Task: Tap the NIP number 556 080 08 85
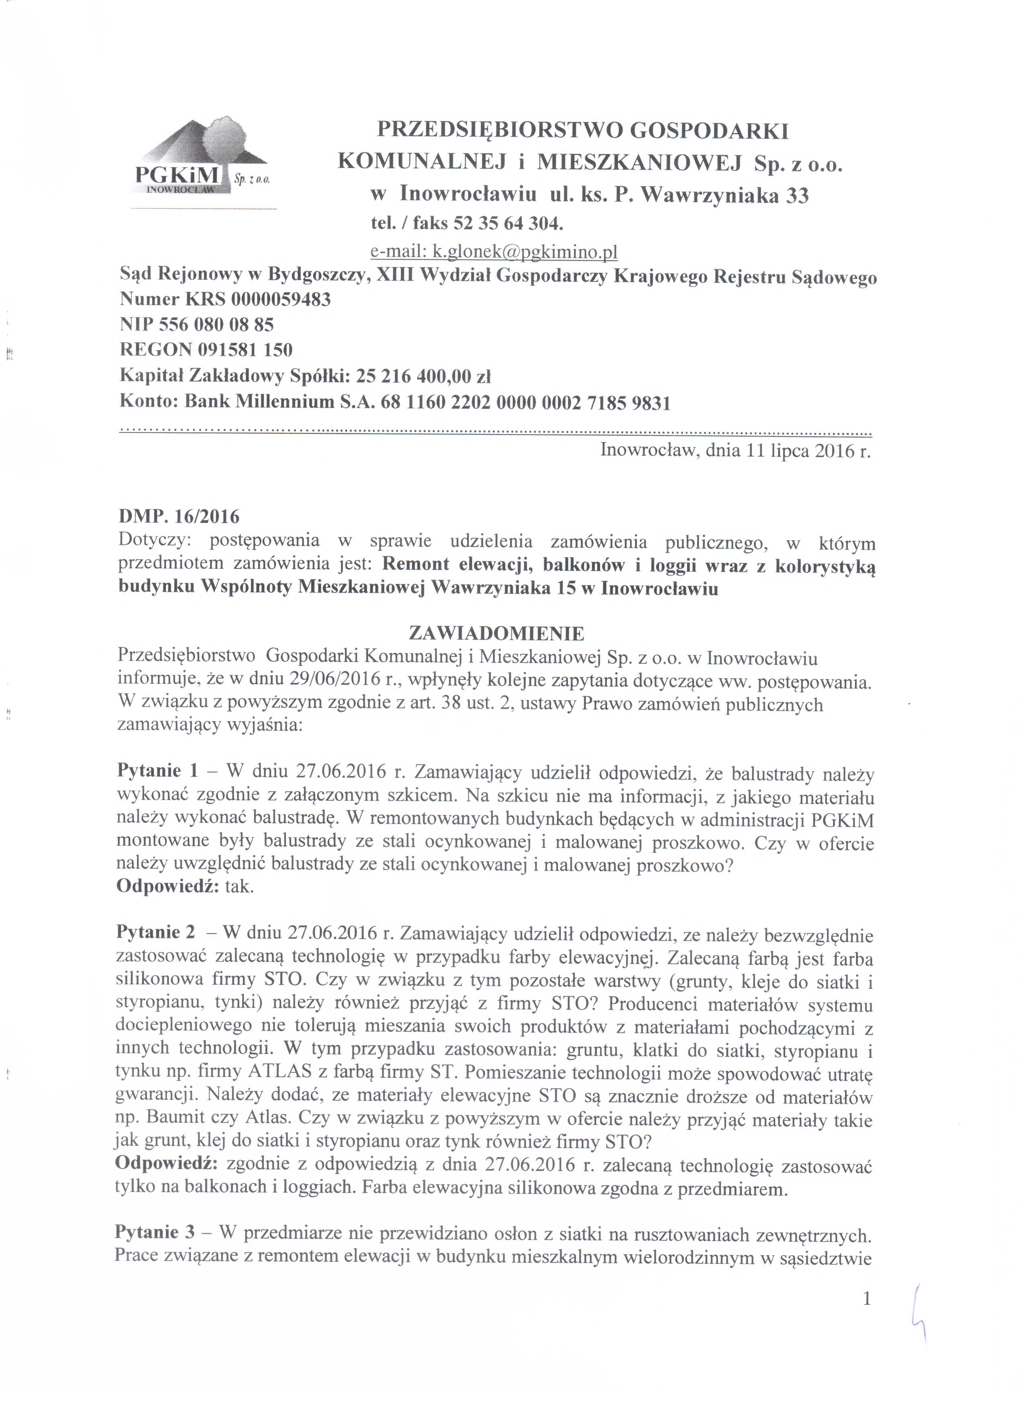pos(217,325)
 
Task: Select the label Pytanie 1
pos(158,771)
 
